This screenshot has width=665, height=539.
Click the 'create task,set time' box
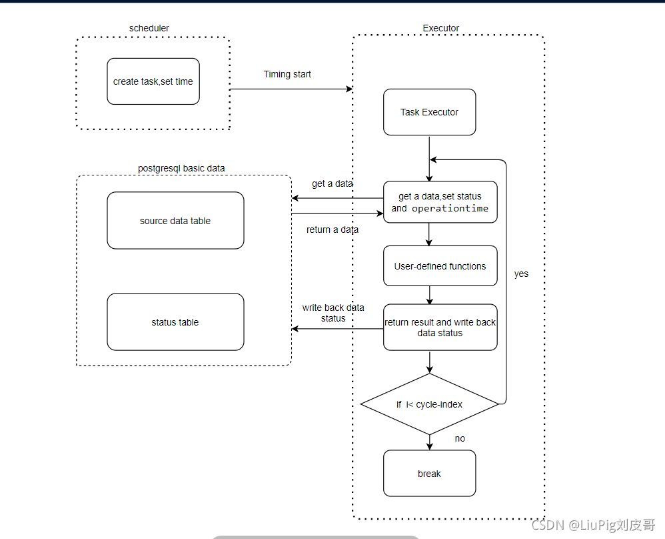153,81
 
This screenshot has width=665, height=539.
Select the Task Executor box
429,112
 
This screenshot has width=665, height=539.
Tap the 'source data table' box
175,221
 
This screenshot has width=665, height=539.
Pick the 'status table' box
175,322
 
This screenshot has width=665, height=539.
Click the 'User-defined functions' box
440,266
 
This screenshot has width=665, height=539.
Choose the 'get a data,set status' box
440,202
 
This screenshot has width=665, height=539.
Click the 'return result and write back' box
440,327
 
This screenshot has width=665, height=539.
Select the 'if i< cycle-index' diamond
429,404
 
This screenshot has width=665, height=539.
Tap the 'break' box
429,474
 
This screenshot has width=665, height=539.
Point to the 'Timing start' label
287,74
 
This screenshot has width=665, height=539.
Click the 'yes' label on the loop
521,274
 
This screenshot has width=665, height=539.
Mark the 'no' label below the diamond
460,438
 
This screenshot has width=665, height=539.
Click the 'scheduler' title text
149,28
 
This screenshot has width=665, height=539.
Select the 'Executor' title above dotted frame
441,28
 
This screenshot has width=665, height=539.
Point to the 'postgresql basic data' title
181,168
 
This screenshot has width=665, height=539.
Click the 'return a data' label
332,229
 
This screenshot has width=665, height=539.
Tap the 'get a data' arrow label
332,183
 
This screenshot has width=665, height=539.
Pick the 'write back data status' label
333,313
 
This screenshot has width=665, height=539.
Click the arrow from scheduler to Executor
291,89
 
